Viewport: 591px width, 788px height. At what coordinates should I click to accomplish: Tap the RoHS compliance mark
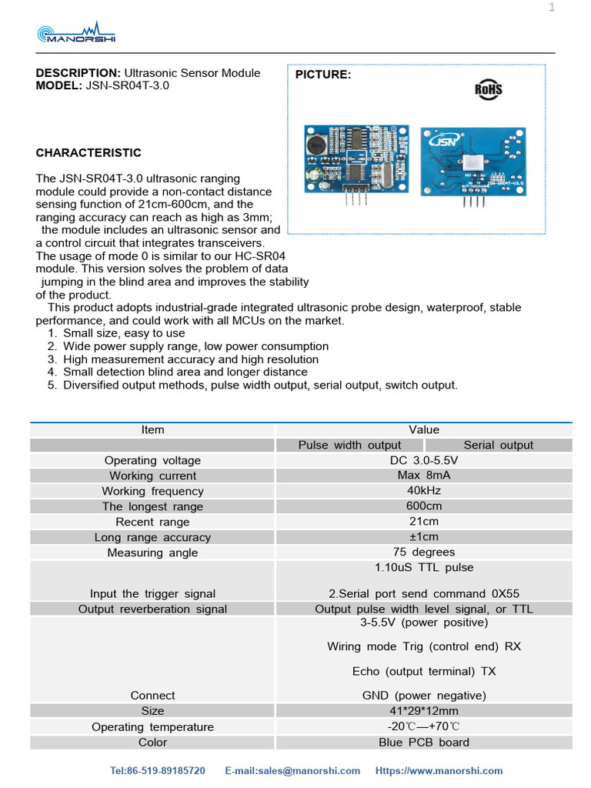tap(488, 89)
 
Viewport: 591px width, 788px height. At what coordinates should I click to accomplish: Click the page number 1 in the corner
tap(551, 8)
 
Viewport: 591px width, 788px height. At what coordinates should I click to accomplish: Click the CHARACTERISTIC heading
tap(88, 153)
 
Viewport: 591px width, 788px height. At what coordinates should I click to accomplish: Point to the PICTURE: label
tap(323, 75)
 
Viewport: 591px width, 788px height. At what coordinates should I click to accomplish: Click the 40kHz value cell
tap(424, 490)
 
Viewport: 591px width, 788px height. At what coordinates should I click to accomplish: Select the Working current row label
tap(152, 476)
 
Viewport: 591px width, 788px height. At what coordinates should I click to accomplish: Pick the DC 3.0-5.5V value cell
tap(424, 459)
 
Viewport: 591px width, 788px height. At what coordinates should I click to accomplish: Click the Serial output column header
tap(498, 445)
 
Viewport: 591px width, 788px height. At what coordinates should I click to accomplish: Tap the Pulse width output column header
tap(349, 445)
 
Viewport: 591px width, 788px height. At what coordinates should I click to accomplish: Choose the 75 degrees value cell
tap(424, 552)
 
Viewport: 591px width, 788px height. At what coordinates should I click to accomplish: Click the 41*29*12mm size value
tap(424, 710)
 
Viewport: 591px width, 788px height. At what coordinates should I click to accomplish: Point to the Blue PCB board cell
tap(424, 742)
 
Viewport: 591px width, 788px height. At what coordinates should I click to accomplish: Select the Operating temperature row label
tap(152, 726)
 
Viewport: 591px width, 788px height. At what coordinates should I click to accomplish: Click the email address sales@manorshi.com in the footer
tap(292, 770)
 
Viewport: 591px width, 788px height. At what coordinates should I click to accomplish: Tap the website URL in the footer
tap(439, 770)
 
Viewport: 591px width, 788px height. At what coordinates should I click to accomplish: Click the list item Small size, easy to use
tap(124, 333)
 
